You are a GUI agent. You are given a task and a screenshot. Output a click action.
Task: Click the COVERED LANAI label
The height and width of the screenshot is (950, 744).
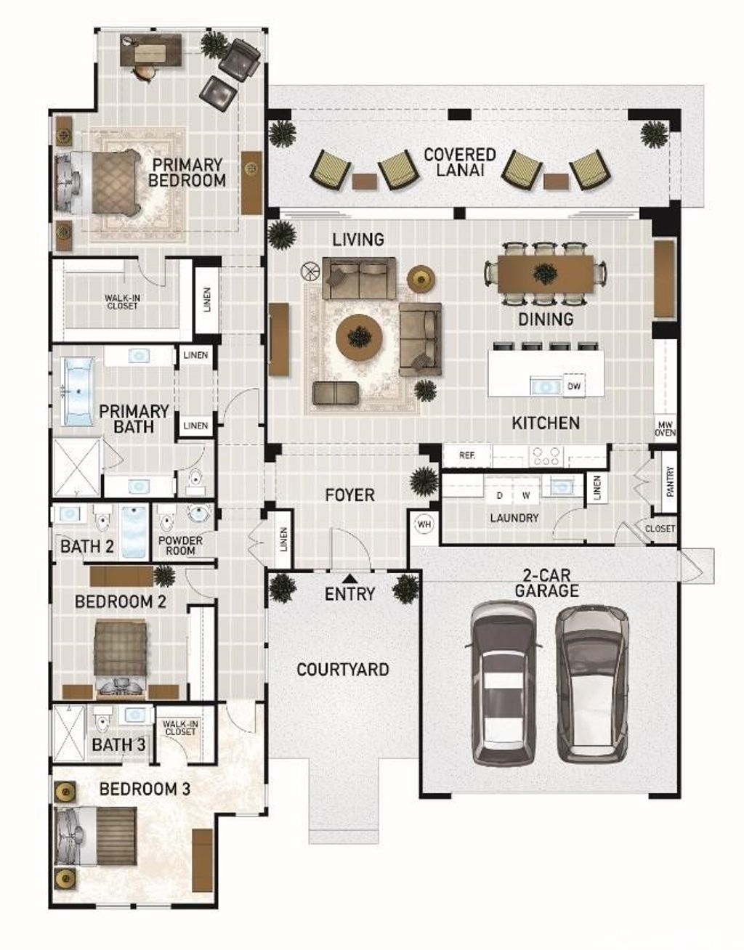coord(460,162)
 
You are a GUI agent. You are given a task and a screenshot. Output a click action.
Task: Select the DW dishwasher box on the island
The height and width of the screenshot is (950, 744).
coord(573,386)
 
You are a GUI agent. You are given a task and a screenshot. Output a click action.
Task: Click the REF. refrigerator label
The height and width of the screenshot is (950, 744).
coord(467,455)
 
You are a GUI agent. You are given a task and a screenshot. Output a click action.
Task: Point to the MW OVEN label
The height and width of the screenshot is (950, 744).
coord(665,429)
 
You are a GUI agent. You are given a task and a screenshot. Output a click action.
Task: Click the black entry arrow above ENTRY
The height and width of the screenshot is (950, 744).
coord(349,579)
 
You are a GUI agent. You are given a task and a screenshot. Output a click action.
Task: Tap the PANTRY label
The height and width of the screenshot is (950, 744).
coord(670,482)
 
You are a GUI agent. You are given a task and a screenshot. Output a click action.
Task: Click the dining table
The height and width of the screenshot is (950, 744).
coord(546,274)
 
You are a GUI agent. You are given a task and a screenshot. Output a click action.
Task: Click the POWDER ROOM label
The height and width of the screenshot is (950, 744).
coord(180,545)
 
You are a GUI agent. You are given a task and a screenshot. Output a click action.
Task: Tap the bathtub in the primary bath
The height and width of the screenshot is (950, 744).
coord(78,391)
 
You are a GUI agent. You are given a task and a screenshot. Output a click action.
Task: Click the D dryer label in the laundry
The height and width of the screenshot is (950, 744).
coord(499,495)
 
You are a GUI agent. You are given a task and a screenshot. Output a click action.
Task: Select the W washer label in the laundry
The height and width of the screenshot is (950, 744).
coord(526,495)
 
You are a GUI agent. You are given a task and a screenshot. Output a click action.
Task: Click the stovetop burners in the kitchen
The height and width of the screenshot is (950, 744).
coord(545,456)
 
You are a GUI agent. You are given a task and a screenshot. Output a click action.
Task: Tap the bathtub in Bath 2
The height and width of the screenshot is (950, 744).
coord(134,531)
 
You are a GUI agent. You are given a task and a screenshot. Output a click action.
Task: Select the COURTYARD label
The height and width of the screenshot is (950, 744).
coord(343,670)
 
